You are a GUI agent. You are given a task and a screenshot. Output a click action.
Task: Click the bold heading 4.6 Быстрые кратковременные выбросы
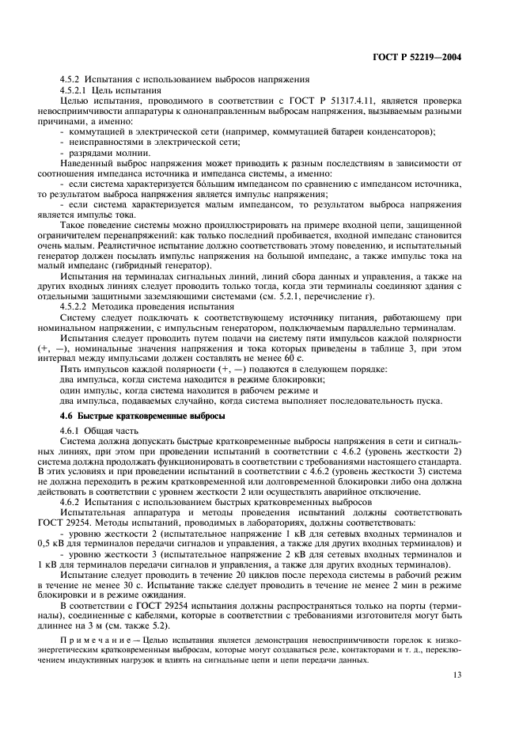pos(143,416)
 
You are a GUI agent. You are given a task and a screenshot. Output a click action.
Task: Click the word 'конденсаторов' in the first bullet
pos(404,131)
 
